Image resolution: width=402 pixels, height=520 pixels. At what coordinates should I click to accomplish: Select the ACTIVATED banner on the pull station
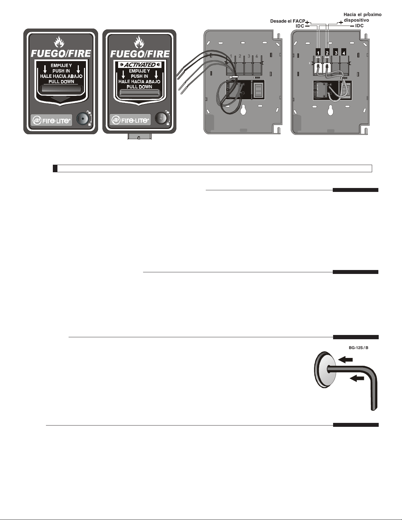click(140, 65)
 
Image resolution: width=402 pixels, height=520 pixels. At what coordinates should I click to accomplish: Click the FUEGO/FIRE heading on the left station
click(61, 53)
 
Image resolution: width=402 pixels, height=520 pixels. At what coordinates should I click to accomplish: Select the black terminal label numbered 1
click(318, 52)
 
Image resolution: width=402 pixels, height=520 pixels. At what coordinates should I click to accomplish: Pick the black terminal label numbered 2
click(327, 52)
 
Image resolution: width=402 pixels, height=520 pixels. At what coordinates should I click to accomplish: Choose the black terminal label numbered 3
click(336, 52)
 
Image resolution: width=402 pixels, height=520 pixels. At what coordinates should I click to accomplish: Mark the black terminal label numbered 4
click(344, 52)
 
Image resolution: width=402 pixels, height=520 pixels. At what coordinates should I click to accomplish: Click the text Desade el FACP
click(287, 21)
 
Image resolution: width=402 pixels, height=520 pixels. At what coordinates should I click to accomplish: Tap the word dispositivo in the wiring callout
click(356, 20)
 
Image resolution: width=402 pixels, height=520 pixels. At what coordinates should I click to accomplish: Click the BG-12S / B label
click(358, 348)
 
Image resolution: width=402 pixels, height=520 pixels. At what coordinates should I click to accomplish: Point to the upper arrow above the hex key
click(346, 360)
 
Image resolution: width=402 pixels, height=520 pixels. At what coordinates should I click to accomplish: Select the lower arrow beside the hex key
click(357, 378)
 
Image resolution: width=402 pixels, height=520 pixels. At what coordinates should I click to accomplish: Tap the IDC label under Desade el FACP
click(300, 26)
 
